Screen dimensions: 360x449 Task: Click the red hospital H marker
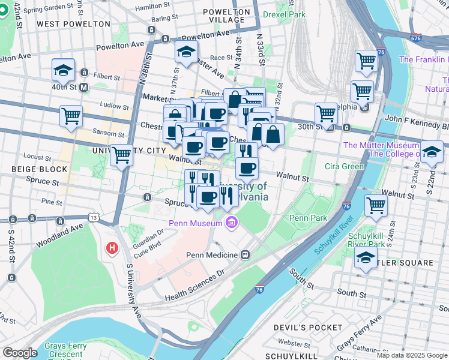click(x=111, y=247)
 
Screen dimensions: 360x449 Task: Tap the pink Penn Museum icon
click(x=232, y=224)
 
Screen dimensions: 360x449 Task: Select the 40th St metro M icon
click(x=84, y=87)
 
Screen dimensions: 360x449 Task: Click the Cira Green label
click(x=344, y=166)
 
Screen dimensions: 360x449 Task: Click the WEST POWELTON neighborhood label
click(x=73, y=24)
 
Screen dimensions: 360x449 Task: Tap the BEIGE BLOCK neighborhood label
click(x=39, y=170)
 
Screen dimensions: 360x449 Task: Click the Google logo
click(x=20, y=353)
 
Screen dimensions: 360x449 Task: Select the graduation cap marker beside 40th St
click(x=63, y=71)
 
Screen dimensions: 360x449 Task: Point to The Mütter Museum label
click(x=381, y=145)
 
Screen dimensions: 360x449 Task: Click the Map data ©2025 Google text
click(x=412, y=355)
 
